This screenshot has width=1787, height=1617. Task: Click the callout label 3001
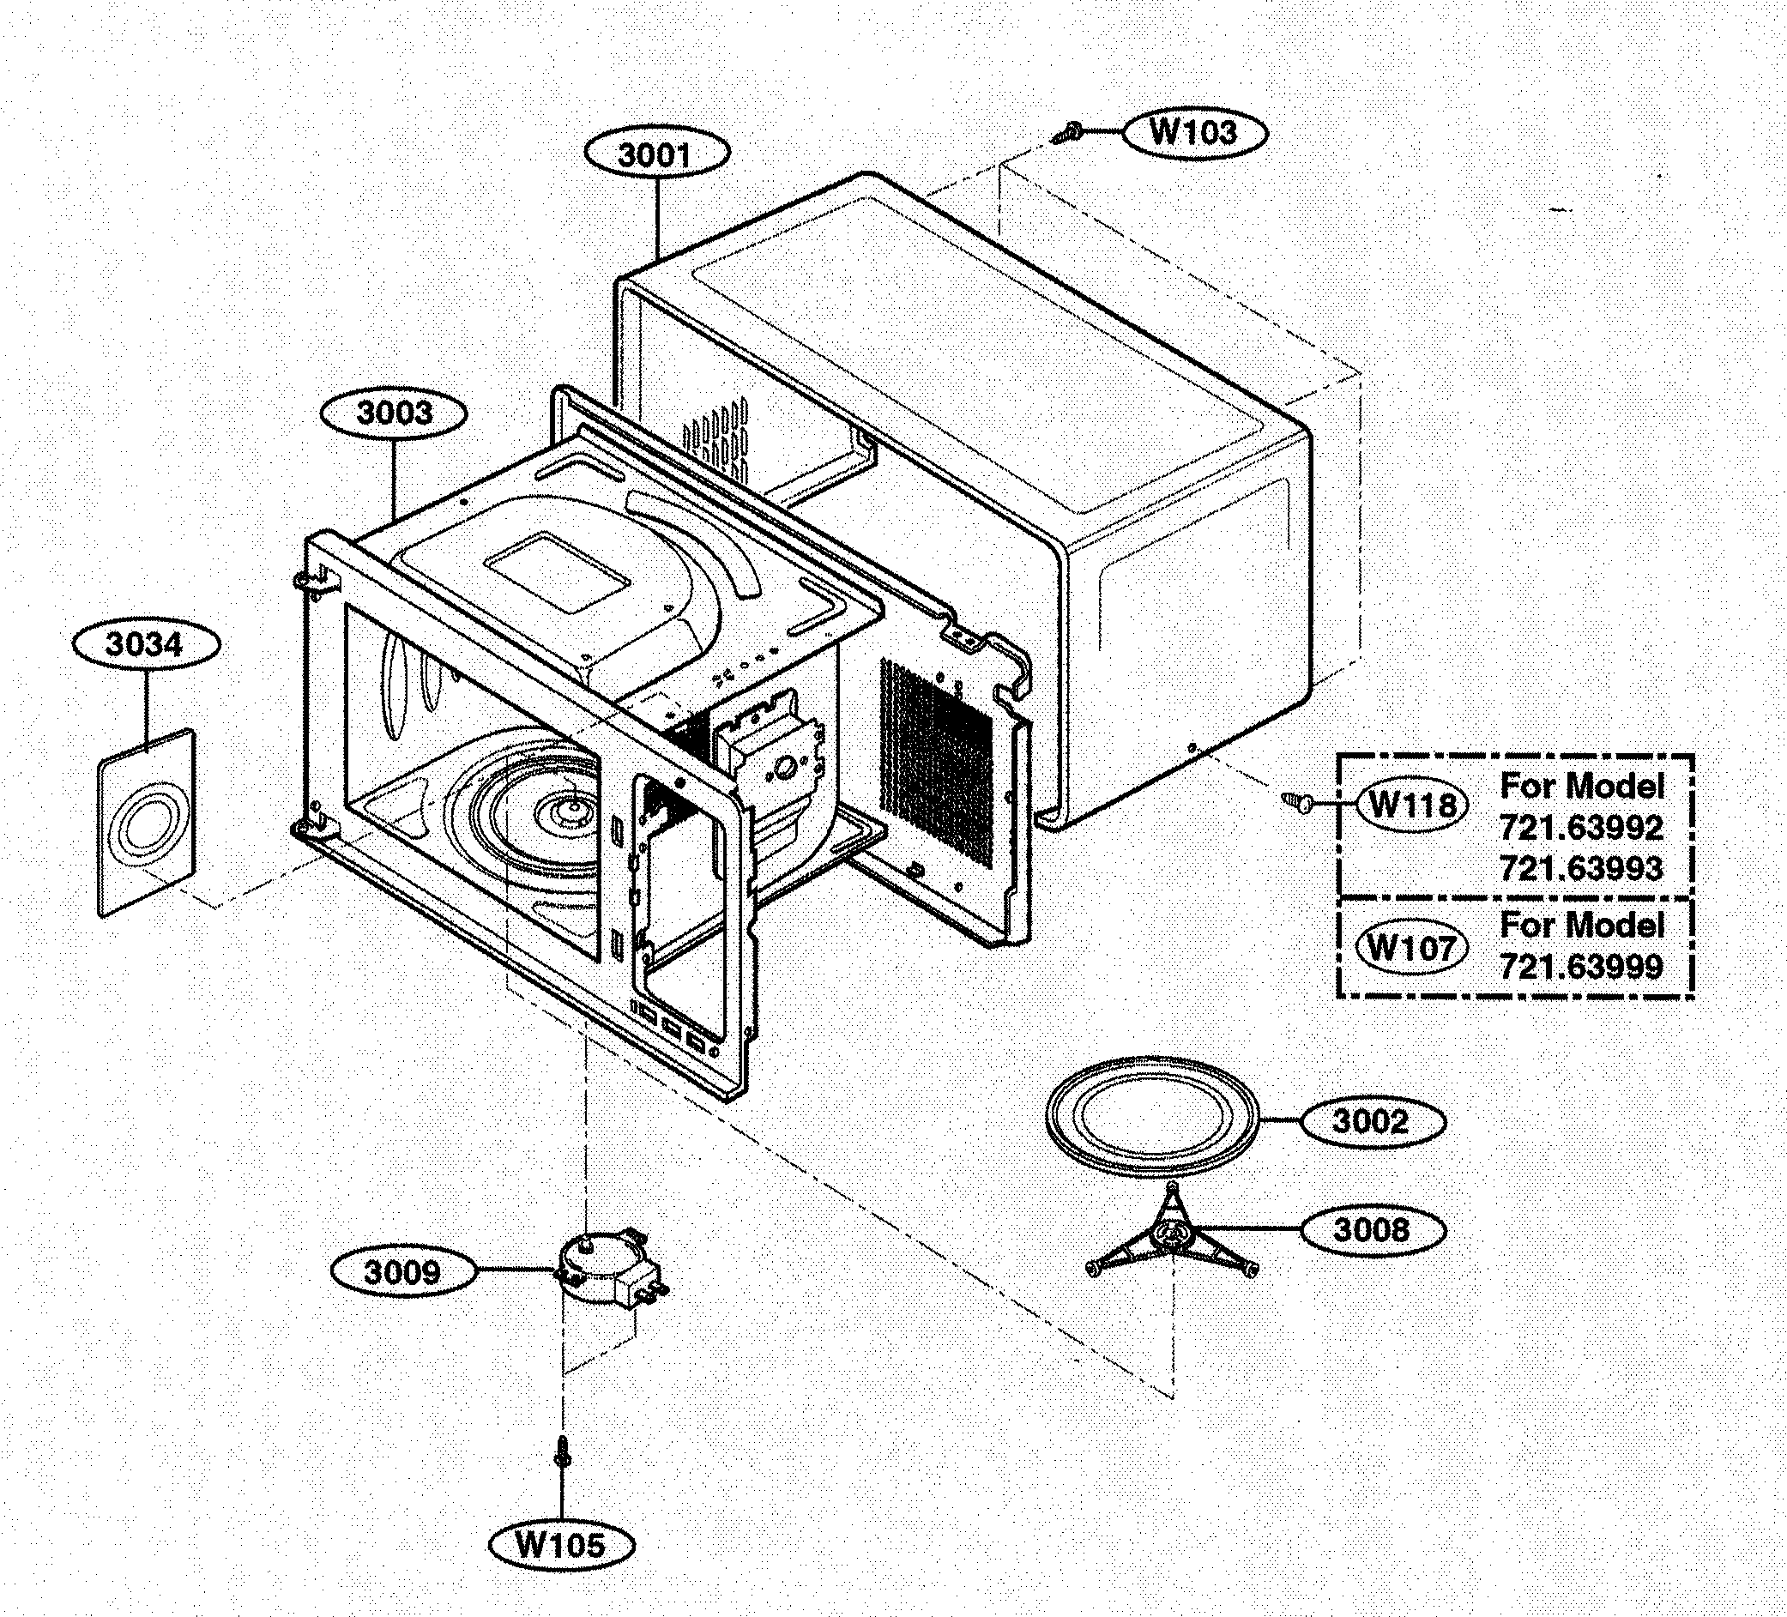click(656, 155)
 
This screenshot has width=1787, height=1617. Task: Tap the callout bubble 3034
click(144, 645)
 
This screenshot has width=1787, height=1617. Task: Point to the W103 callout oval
click(1194, 132)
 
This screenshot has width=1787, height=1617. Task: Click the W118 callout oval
click(1412, 805)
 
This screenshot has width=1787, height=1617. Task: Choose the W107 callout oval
click(1412, 949)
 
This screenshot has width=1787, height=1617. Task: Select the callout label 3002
click(1370, 1121)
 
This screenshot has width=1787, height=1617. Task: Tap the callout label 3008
click(1372, 1229)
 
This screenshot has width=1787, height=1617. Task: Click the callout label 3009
click(403, 1272)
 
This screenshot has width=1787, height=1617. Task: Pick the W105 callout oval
click(561, 1545)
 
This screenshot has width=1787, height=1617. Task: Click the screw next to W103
click(1066, 134)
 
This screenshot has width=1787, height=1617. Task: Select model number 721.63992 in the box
click(1580, 828)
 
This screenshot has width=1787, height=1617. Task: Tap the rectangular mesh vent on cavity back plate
click(935, 761)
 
